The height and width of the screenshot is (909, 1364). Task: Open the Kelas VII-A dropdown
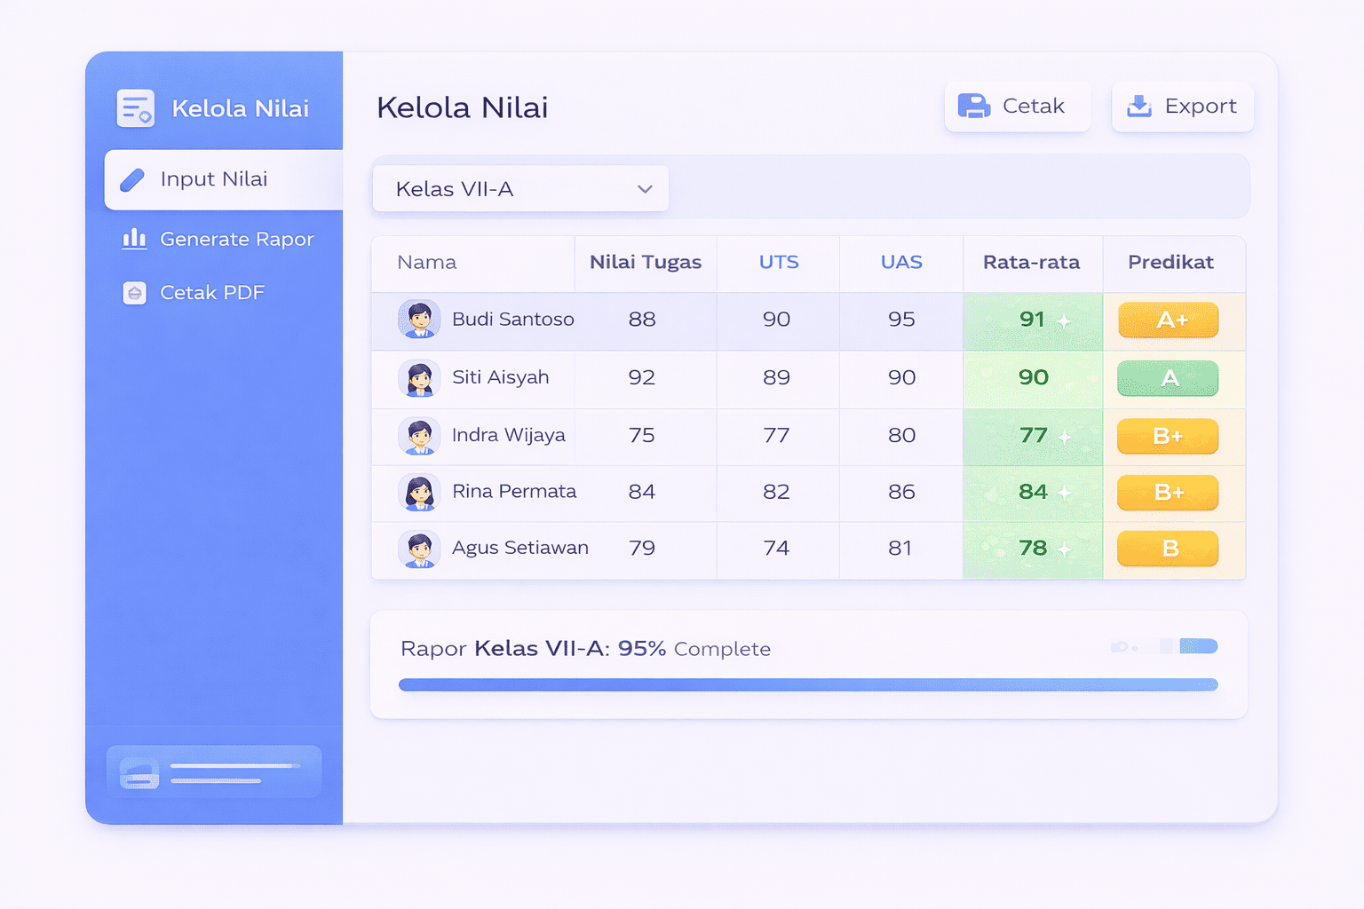pos(520,189)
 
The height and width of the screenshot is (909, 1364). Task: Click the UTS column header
pos(779,263)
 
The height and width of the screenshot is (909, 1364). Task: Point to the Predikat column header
pos(1170,263)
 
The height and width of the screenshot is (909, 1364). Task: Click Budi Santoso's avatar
pos(419,320)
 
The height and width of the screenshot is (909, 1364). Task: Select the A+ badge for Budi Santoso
pos(1168,320)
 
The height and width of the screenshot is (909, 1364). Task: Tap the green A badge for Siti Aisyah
pos(1168,378)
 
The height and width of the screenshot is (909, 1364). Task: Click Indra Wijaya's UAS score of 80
pos(901,436)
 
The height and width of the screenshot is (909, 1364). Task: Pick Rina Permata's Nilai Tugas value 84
pos(642,492)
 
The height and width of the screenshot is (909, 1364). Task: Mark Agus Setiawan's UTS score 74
pos(776,549)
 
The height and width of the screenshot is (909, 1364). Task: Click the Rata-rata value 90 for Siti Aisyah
pos(1034,378)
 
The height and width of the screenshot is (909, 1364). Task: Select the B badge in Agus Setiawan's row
pos(1168,549)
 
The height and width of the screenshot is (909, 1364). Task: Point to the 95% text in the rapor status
pos(642,649)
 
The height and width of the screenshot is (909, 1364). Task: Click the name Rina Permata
pos(514,492)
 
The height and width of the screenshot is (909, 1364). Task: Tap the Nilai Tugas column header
pos(646,263)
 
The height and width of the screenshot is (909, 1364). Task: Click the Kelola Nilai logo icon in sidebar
pos(136,108)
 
